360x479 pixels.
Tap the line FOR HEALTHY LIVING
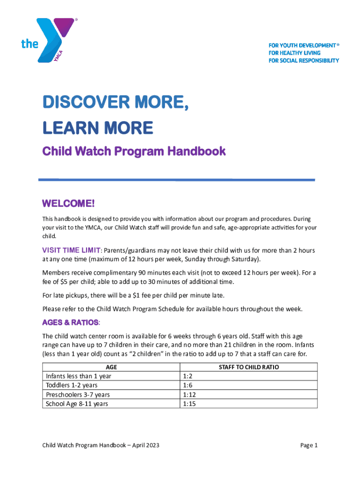[294, 53]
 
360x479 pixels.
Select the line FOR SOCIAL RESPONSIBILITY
[303, 61]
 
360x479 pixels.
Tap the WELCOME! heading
[68, 204]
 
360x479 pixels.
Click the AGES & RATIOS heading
[71, 323]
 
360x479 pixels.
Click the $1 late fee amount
[133, 296]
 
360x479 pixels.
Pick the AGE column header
[111, 367]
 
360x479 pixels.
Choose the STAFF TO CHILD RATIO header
[249, 367]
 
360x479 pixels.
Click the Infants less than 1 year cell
[79, 376]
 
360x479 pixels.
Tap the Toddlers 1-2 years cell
[72, 385]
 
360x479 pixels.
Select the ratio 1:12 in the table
[189, 394]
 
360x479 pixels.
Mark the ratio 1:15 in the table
[189, 403]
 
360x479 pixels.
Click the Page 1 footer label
[309, 445]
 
